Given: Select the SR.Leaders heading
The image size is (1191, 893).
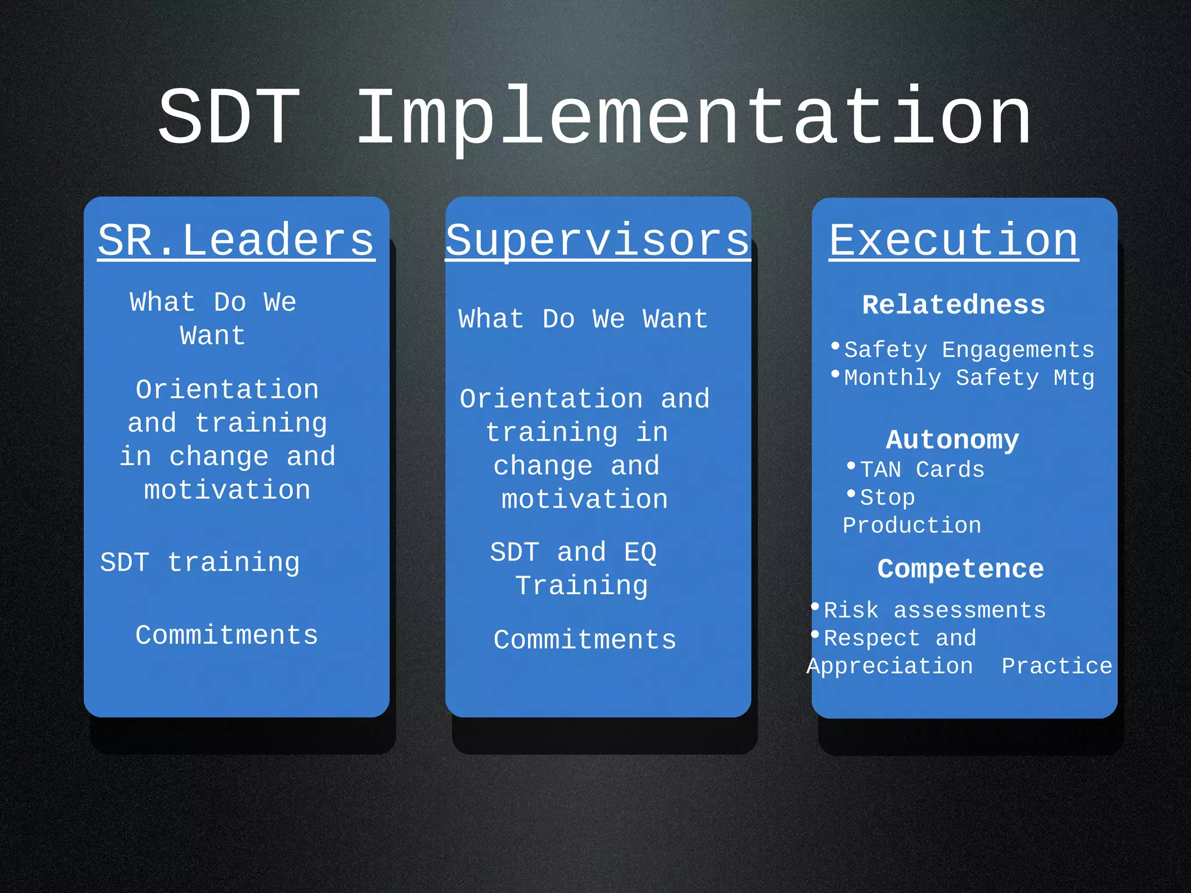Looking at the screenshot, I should click(236, 240).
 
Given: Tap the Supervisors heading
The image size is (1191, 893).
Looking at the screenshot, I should click(598, 240).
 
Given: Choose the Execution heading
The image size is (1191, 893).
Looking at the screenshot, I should click(954, 240).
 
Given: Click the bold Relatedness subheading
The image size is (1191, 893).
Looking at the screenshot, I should click(954, 305).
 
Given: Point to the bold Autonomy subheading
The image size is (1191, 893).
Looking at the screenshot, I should click(953, 440).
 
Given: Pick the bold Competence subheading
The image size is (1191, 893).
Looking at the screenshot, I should click(961, 569).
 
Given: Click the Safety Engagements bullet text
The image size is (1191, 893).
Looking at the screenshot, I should click(969, 350).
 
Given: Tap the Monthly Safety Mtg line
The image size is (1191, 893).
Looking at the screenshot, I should click(969, 378).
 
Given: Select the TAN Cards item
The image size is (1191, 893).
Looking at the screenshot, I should click(922, 470).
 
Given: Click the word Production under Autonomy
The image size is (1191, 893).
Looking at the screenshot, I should click(912, 526).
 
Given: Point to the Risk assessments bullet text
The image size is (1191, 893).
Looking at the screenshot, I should click(935, 610).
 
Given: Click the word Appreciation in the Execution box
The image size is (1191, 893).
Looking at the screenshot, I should click(890, 666).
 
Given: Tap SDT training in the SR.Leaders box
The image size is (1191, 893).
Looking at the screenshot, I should click(200, 563).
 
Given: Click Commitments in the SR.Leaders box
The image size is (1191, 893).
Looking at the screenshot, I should click(227, 635).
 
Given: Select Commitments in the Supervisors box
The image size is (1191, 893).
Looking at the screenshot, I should click(585, 640).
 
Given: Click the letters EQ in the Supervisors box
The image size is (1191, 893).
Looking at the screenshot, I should click(640, 552).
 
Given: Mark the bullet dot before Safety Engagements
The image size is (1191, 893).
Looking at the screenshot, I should click(836, 346).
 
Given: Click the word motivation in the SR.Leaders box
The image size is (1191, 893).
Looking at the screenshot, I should click(227, 490).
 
